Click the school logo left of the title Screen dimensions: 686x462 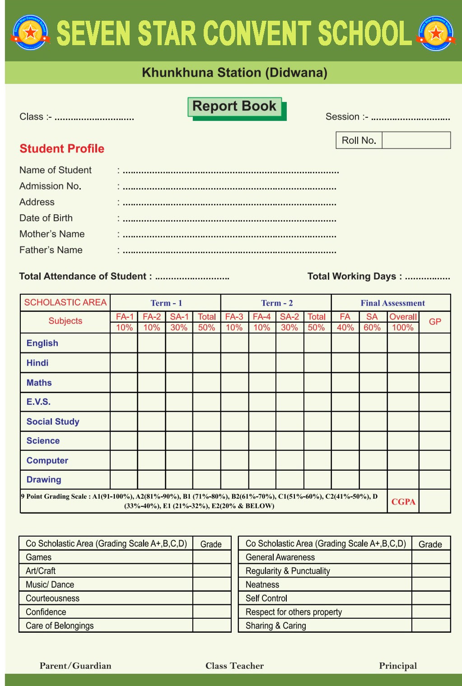30,32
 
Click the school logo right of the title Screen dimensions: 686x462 436,32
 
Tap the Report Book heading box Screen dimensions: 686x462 234,107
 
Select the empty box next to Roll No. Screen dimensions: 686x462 416,140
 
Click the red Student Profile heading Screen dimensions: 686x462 62,148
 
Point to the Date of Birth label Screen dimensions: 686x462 46,218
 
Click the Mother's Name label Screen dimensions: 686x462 52,234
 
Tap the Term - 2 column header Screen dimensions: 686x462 276,303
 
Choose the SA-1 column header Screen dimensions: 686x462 179,317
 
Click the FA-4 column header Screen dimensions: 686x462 261,317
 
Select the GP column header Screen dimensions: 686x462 435,322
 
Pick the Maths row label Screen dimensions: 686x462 39,383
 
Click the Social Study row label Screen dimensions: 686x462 53,422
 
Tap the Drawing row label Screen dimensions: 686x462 44,479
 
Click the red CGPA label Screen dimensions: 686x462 403,502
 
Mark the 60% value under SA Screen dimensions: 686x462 372,328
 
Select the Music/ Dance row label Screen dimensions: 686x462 50,584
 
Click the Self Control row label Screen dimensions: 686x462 266,598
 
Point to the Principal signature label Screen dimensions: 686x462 398,666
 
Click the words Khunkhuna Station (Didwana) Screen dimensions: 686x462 234,73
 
